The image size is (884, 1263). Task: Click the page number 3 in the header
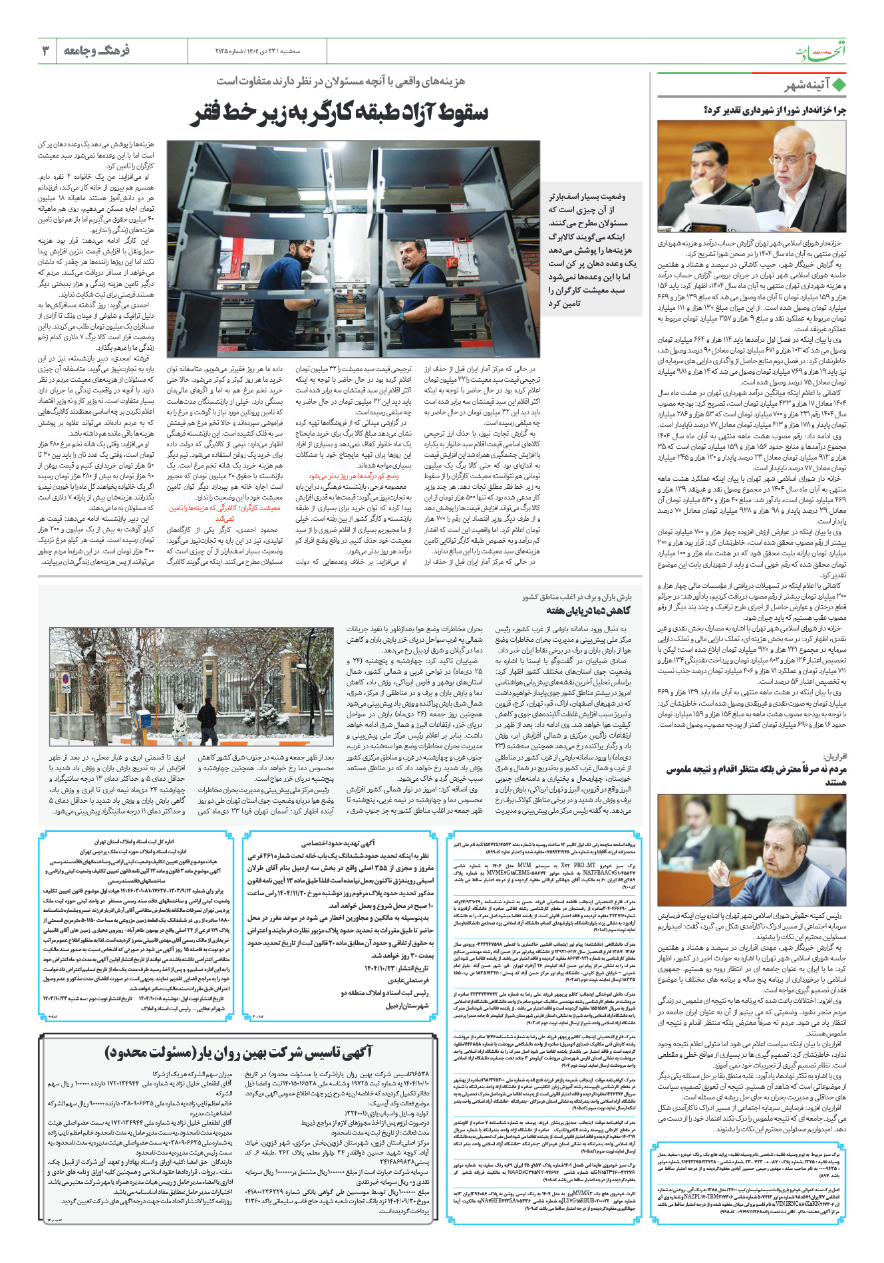pyautogui.click(x=46, y=51)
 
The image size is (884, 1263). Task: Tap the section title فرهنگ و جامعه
pyautogui.click(x=96, y=51)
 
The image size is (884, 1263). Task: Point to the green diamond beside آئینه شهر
pyautogui.click(x=839, y=85)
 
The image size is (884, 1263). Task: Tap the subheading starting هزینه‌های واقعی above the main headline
pyautogui.click(x=340, y=81)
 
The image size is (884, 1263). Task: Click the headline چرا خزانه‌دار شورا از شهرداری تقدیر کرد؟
pyautogui.click(x=775, y=110)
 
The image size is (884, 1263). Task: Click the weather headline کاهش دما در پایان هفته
pyautogui.click(x=587, y=610)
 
